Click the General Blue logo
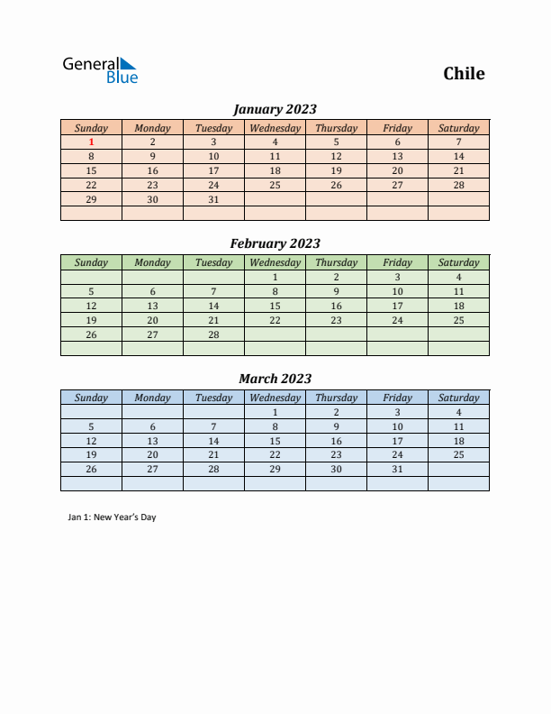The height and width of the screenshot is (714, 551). (x=100, y=70)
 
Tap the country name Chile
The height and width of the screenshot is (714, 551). (x=464, y=73)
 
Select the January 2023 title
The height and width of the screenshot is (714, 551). (x=275, y=109)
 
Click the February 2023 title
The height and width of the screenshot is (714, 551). (x=275, y=243)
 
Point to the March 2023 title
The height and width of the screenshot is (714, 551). (x=275, y=379)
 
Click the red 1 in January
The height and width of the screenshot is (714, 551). (x=91, y=142)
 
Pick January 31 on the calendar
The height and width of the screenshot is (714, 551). (x=213, y=199)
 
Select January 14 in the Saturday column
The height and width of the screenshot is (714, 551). (x=458, y=156)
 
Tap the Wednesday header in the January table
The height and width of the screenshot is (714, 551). (x=275, y=128)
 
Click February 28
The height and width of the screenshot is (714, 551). (x=213, y=334)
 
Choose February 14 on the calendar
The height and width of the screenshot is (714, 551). (x=213, y=306)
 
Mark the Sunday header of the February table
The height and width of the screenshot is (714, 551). (x=91, y=262)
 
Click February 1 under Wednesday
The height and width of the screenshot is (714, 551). (x=275, y=277)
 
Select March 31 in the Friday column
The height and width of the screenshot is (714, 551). (x=397, y=470)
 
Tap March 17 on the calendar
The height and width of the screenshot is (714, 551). (x=397, y=441)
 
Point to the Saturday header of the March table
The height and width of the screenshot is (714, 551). (x=458, y=398)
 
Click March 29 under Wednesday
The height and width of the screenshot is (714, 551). (x=275, y=470)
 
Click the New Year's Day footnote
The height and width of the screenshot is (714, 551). (x=112, y=517)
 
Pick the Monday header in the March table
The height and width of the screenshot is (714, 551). (x=152, y=398)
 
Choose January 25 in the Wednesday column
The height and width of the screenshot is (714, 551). (x=275, y=185)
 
